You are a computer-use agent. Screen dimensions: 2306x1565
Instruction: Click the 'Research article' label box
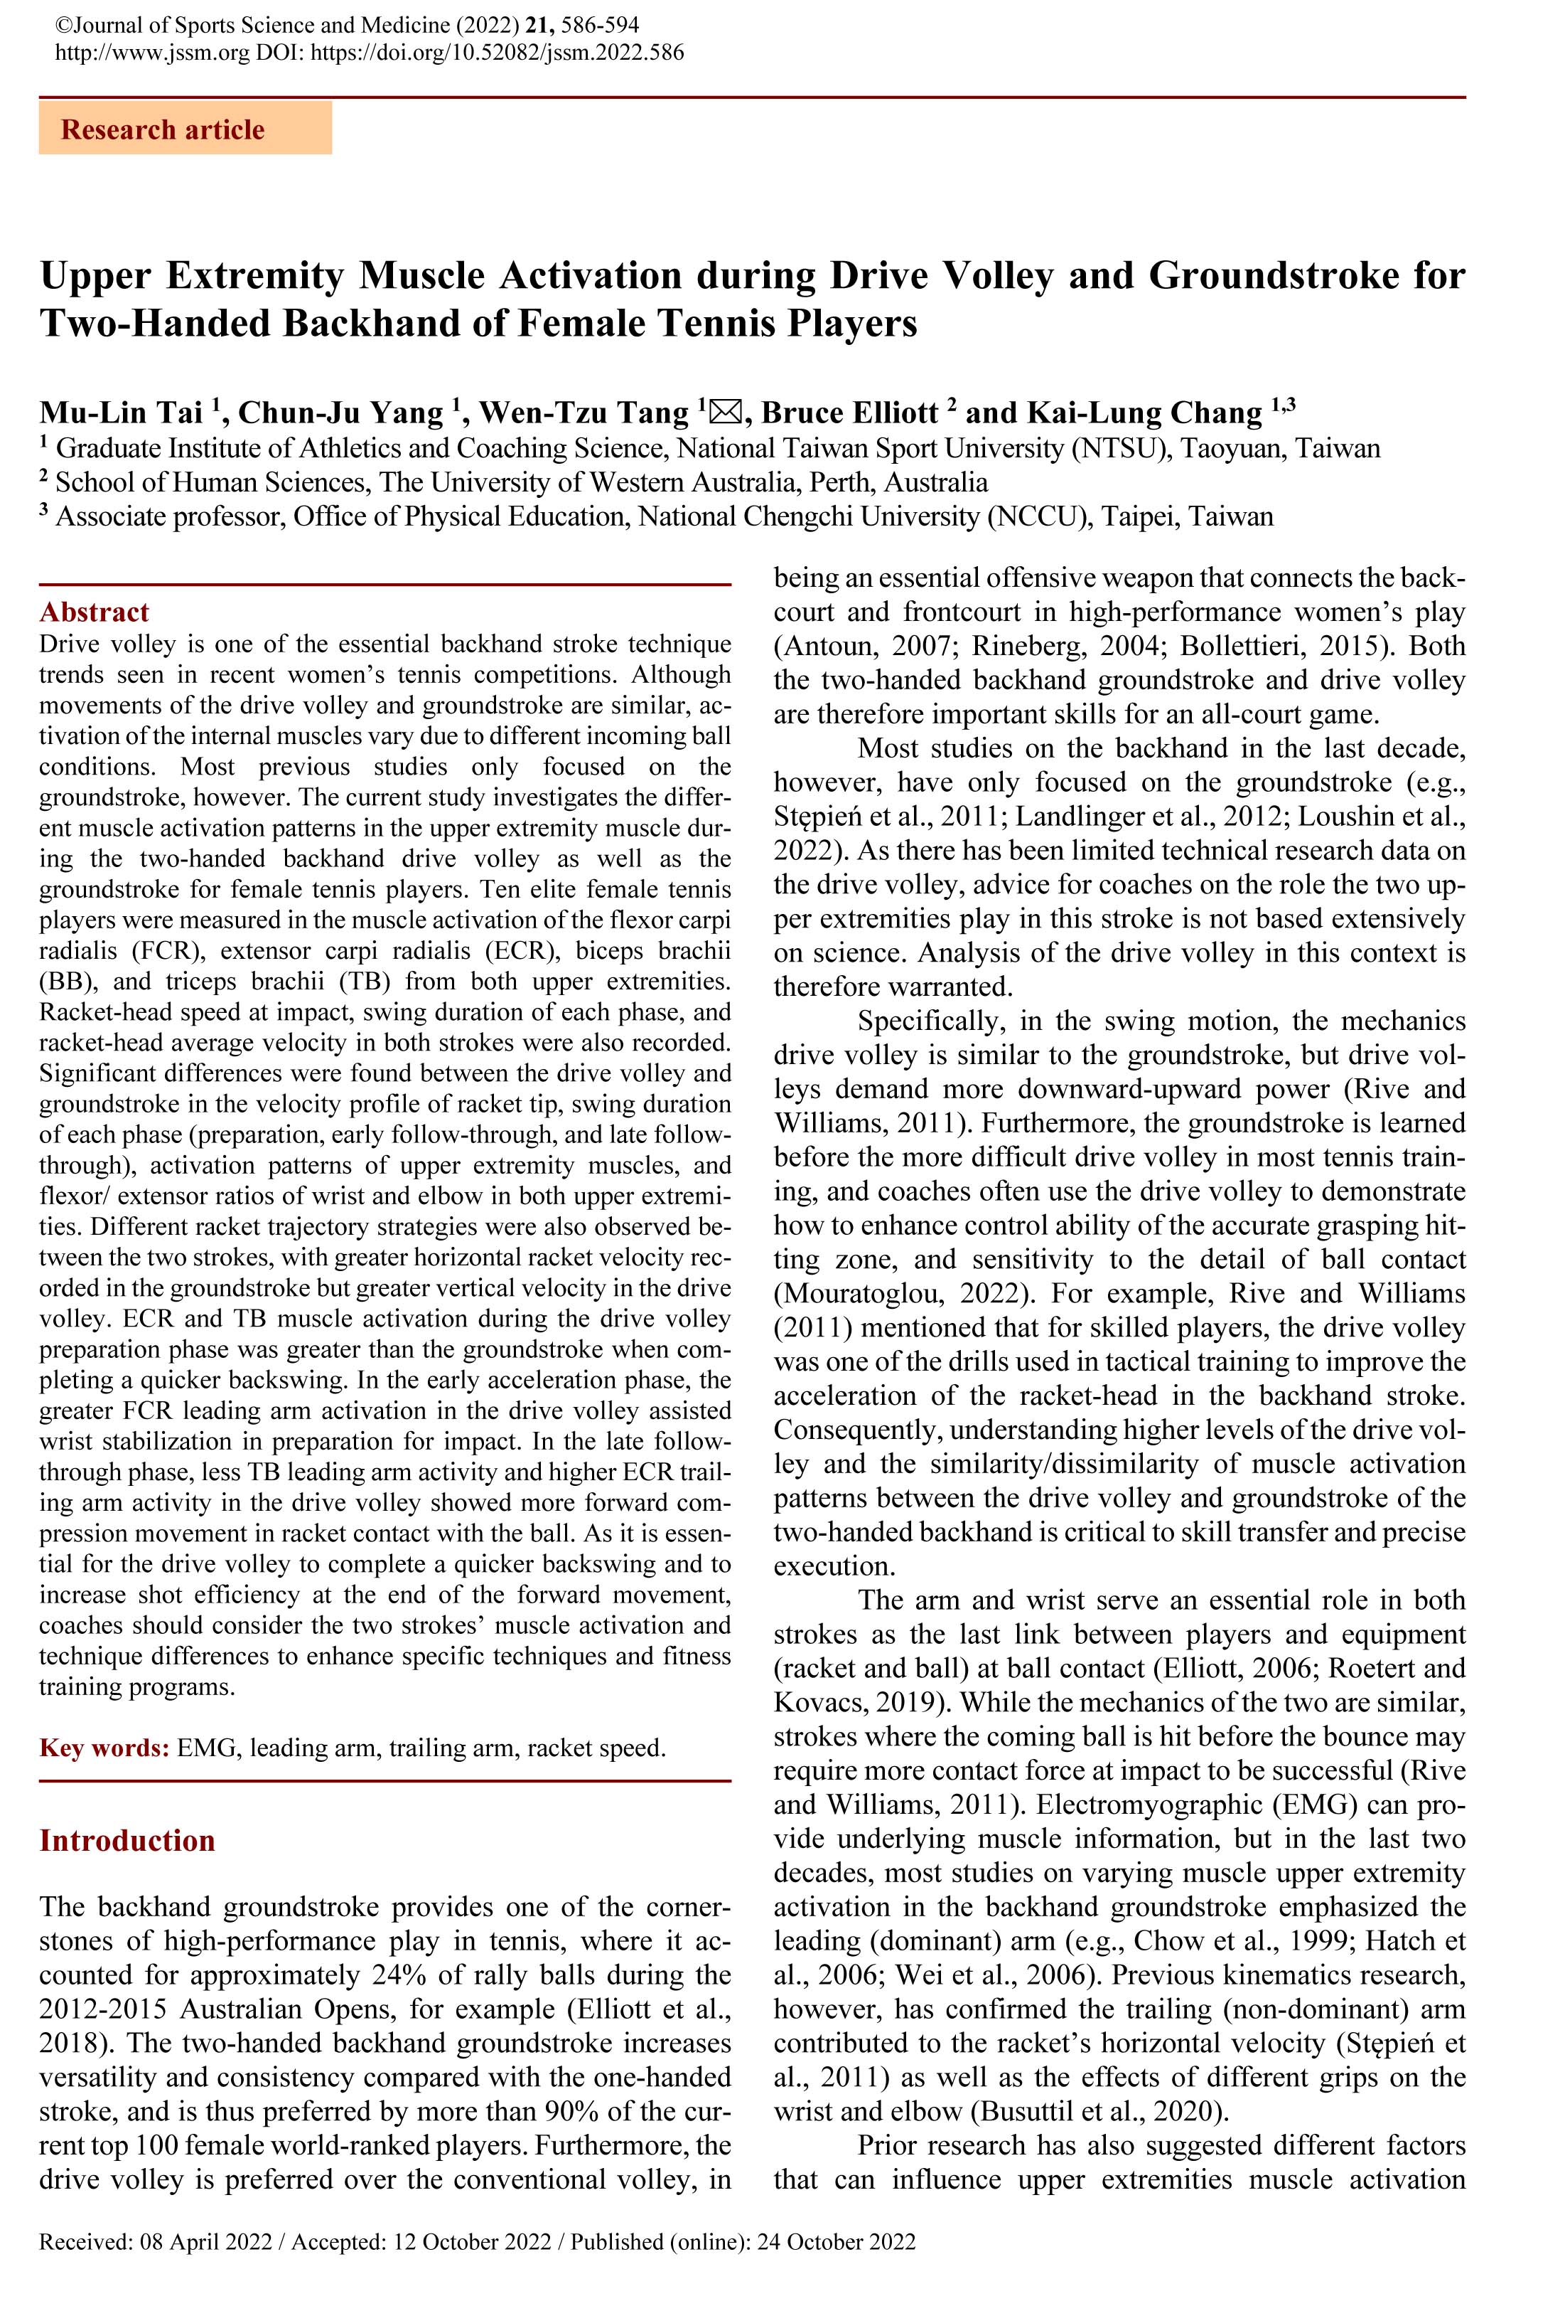185,129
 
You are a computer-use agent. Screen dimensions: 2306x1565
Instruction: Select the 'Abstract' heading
95,611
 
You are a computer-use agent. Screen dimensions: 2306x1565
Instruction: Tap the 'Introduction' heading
127,1841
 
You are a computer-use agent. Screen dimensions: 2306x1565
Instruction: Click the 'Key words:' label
104,1748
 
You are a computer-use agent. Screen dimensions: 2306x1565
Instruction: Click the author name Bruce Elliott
850,412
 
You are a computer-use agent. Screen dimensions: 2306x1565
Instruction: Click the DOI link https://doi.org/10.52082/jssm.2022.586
497,53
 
